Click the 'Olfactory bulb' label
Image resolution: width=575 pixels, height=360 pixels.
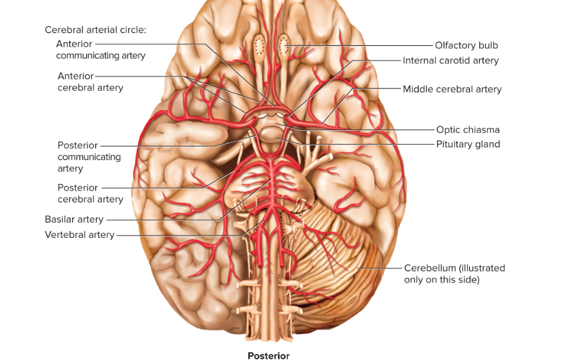466,46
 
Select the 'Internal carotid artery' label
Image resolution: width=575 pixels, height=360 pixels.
450,60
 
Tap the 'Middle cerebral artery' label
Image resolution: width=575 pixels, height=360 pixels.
452,89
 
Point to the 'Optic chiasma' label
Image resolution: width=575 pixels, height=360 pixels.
468,130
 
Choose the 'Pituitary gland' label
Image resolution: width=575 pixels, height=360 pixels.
468,144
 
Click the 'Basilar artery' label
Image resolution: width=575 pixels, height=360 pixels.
74,219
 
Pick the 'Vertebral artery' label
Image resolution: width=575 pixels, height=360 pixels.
79,235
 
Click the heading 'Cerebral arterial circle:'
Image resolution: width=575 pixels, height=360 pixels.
95,30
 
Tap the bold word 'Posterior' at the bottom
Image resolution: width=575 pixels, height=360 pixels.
269,356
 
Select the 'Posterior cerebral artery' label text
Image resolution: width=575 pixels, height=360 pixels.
90,193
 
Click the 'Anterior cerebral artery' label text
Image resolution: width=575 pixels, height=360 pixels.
90,82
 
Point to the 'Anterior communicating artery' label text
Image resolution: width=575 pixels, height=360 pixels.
101,49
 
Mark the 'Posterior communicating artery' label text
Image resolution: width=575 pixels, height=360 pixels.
89,157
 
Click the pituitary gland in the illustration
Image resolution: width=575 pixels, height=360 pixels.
270,134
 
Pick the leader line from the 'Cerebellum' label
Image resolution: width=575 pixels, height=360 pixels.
380,268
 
